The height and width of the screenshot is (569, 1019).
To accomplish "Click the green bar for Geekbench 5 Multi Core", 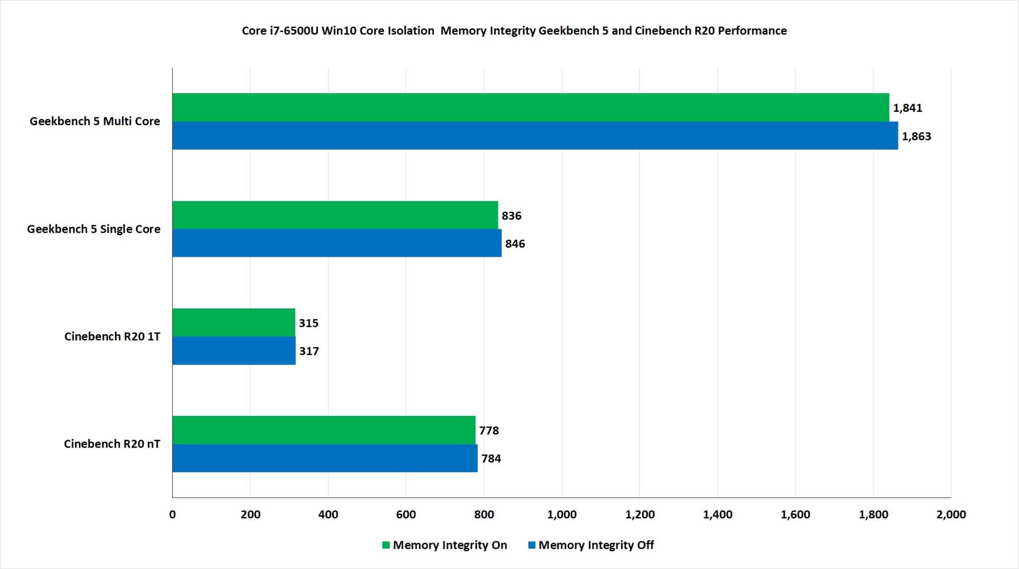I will tap(530, 107).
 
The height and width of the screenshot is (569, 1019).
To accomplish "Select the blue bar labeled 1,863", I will tap(535, 136).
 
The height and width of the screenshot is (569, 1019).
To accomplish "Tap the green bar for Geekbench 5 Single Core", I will tap(335, 215).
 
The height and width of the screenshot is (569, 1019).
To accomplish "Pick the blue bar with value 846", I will tap(337, 243).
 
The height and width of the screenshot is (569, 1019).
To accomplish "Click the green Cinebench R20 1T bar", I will tap(234, 322).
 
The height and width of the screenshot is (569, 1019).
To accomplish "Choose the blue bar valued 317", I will tap(234, 351).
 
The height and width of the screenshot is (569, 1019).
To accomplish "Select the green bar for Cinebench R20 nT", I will tap(324, 430).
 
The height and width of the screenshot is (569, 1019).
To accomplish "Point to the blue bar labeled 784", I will tap(325, 458).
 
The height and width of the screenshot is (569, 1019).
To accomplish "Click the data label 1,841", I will tap(907, 108).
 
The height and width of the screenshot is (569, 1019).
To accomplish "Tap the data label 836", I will tap(511, 216).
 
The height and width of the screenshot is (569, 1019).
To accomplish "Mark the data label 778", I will tap(489, 431).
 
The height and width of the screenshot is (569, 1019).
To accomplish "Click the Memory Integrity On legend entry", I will tap(444, 545).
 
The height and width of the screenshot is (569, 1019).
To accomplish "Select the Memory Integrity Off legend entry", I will tap(591, 545).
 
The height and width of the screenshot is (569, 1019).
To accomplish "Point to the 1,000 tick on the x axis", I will tap(562, 515).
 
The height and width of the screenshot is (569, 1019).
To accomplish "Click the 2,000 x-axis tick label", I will tap(951, 515).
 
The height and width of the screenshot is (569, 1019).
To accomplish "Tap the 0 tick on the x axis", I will tap(173, 515).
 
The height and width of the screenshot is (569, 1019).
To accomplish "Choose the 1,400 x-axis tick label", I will tap(717, 515).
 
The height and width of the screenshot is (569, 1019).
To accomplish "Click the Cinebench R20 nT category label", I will tap(112, 444).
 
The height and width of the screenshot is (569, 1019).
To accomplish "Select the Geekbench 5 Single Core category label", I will tap(94, 229).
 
